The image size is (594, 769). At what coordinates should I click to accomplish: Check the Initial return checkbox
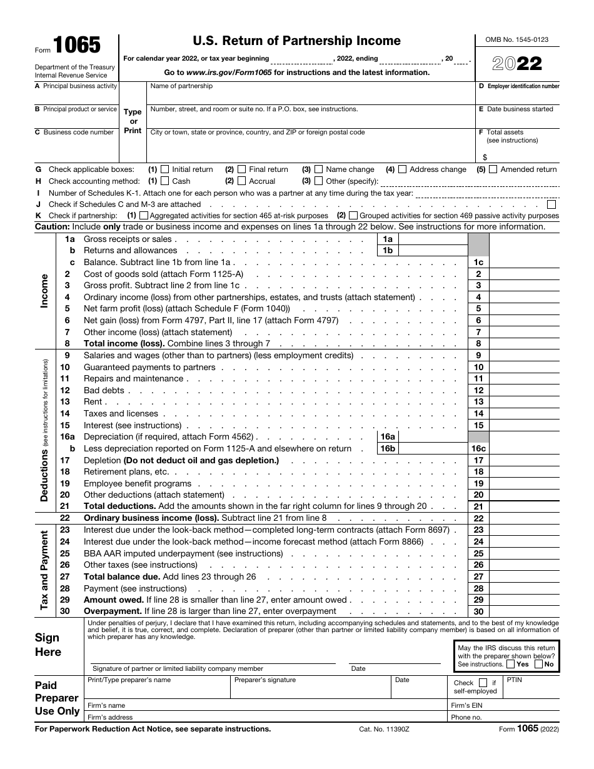[x=165, y=169]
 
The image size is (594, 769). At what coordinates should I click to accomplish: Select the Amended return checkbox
[x=493, y=169]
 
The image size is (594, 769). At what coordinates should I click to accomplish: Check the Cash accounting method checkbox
[x=165, y=181]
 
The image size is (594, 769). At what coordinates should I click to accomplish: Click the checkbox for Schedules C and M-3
[x=551, y=204]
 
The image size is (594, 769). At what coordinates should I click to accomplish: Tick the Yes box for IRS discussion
[x=510, y=665]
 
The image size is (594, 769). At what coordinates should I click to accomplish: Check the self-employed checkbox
[x=483, y=683]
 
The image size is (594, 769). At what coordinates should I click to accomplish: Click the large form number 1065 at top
[x=76, y=46]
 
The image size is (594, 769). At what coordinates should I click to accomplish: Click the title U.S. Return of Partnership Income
[x=296, y=41]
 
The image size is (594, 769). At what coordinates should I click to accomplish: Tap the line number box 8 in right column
[x=478, y=344]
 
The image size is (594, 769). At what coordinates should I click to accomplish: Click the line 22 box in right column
[x=478, y=518]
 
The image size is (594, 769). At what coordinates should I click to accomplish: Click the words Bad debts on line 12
[x=104, y=391]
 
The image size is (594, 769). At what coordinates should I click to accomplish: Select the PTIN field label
[x=514, y=680]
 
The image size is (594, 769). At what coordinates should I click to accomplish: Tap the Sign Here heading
[x=48, y=645]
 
